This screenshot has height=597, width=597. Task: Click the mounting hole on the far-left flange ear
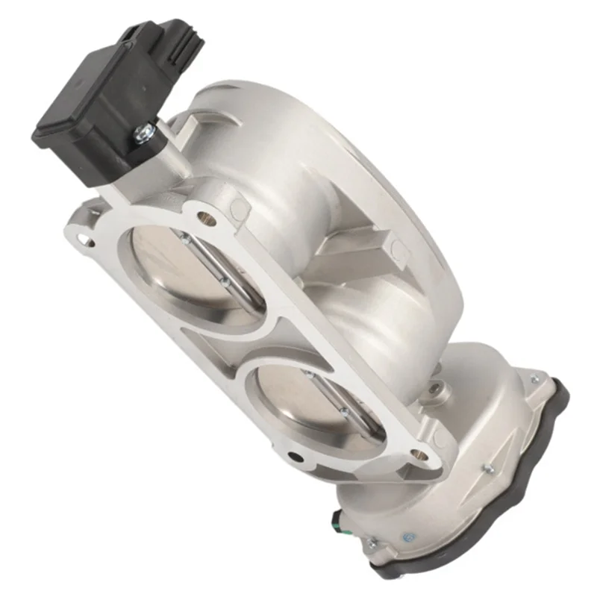pos(87,240)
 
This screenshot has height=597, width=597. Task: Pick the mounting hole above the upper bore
pos(207,219)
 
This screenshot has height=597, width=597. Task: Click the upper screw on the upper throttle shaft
pos(184,237)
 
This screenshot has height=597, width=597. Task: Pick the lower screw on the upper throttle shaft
pos(222,282)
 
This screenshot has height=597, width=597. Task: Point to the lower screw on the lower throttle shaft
pos(344,412)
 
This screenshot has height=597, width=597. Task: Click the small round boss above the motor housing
pos(440,387)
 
